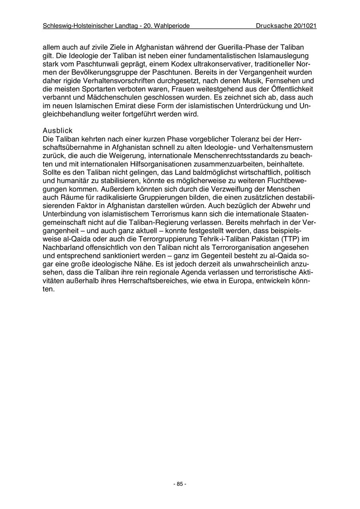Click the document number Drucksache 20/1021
pos(286,26)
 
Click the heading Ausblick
pos(57,131)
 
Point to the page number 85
pos(180,484)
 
